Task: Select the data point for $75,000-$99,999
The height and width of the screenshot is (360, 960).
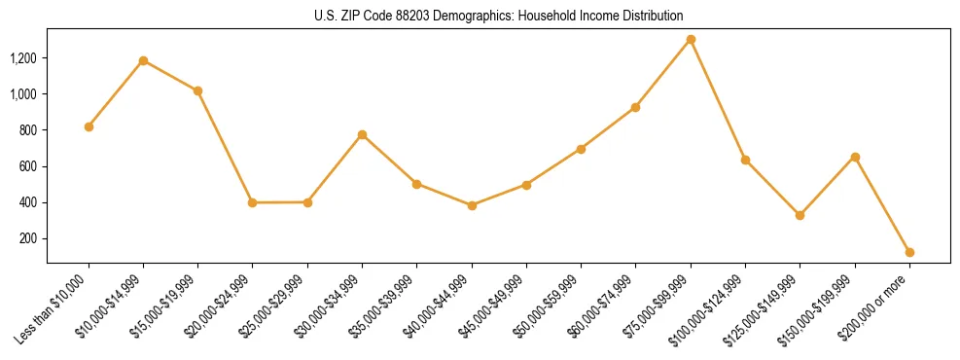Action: (691, 40)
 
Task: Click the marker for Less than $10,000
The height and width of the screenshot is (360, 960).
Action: (89, 126)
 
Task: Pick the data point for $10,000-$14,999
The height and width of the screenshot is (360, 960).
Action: (143, 60)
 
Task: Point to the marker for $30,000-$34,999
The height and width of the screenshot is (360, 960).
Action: (362, 134)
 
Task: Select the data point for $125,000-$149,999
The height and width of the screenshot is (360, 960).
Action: (800, 215)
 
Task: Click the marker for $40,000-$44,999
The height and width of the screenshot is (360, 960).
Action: (472, 205)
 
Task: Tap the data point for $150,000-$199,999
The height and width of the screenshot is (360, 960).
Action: (855, 157)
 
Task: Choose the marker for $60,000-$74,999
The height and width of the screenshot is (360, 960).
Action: (635, 107)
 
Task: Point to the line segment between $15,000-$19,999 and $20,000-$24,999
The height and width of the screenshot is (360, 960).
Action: (225, 147)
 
